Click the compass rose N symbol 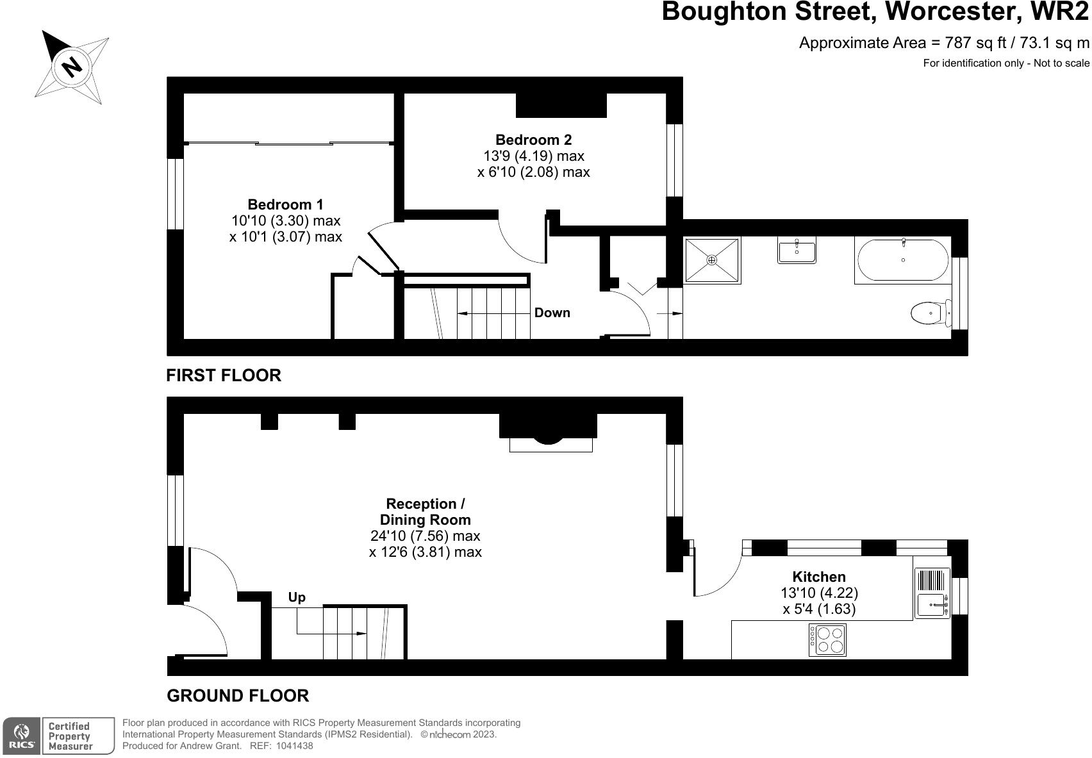pyautogui.click(x=72, y=67)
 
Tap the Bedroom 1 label pyautogui.click(x=285, y=204)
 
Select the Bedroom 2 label pyautogui.click(x=533, y=140)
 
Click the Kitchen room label pyautogui.click(x=818, y=577)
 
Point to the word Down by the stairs pyautogui.click(x=552, y=313)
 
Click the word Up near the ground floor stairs pyautogui.click(x=297, y=597)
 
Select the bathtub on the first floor pyautogui.click(x=902, y=260)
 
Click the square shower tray pyautogui.click(x=711, y=260)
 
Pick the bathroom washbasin pyautogui.click(x=797, y=250)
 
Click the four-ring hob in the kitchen pyautogui.click(x=827, y=639)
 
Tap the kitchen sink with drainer pyautogui.click(x=932, y=593)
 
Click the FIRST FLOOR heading pyautogui.click(x=224, y=375)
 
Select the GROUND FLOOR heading pyautogui.click(x=238, y=695)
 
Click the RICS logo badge pyautogui.click(x=22, y=736)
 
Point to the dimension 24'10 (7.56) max pyautogui.click(x=425, y=536)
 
